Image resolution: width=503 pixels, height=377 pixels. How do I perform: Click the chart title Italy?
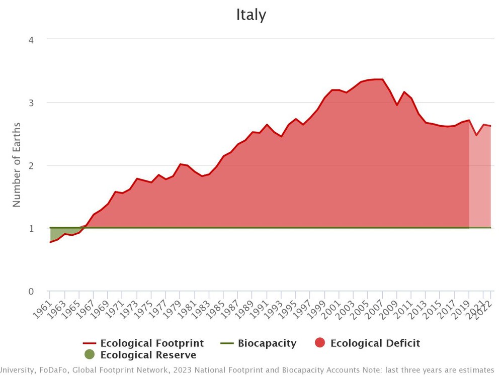pyautogui.click(x=251, y=15)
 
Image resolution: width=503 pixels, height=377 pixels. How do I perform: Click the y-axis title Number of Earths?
pyautogui.click(x=17, y=164)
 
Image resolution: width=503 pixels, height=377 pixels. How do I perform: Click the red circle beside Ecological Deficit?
pyautogui.click(x=319, y=343)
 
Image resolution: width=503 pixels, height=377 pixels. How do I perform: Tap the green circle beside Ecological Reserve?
pyautogui.click(x=90, y=355)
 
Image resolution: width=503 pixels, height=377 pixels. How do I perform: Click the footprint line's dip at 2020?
pyautogui.click(x=476, y=135)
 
